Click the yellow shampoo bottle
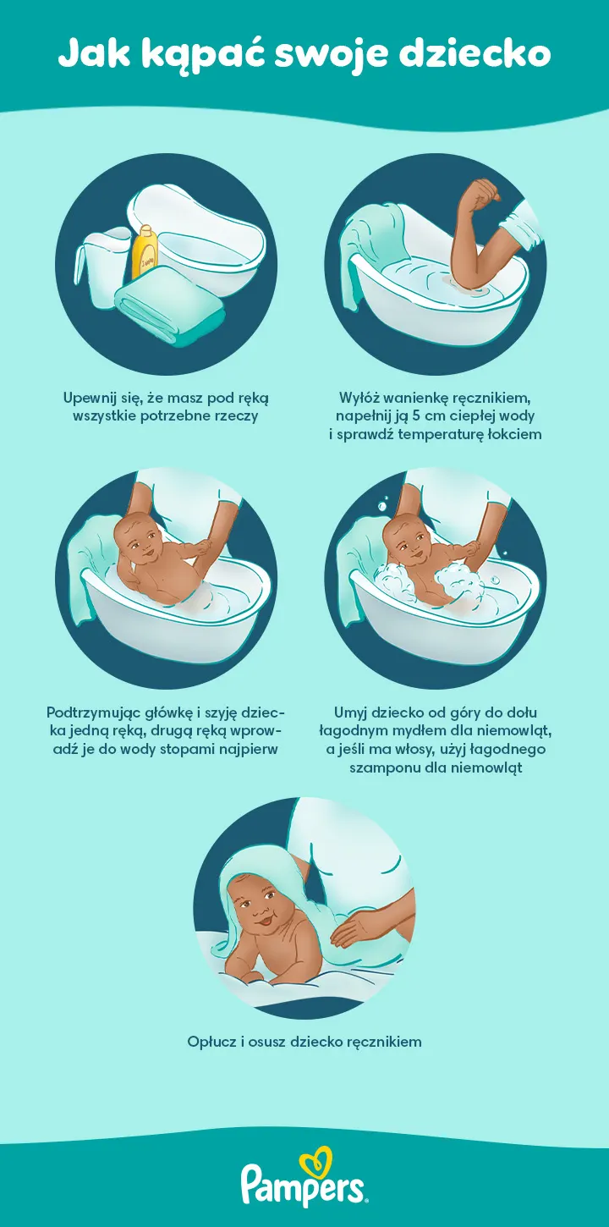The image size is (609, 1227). point(145,253)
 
